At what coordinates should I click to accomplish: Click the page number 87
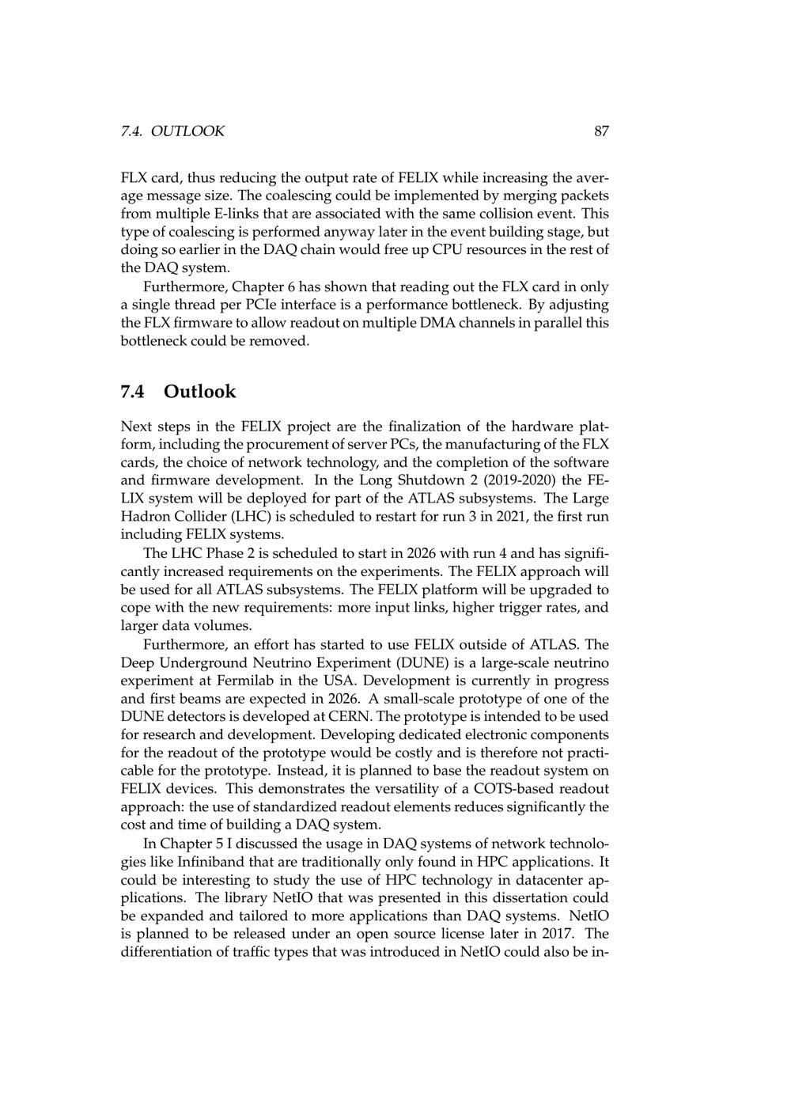click(x=601, y=131)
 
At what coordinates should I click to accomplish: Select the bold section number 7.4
click(x=133, y=392)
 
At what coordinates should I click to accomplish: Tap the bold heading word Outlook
click(x=200, y=392)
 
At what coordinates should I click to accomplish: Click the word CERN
click(x=355, y=717)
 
